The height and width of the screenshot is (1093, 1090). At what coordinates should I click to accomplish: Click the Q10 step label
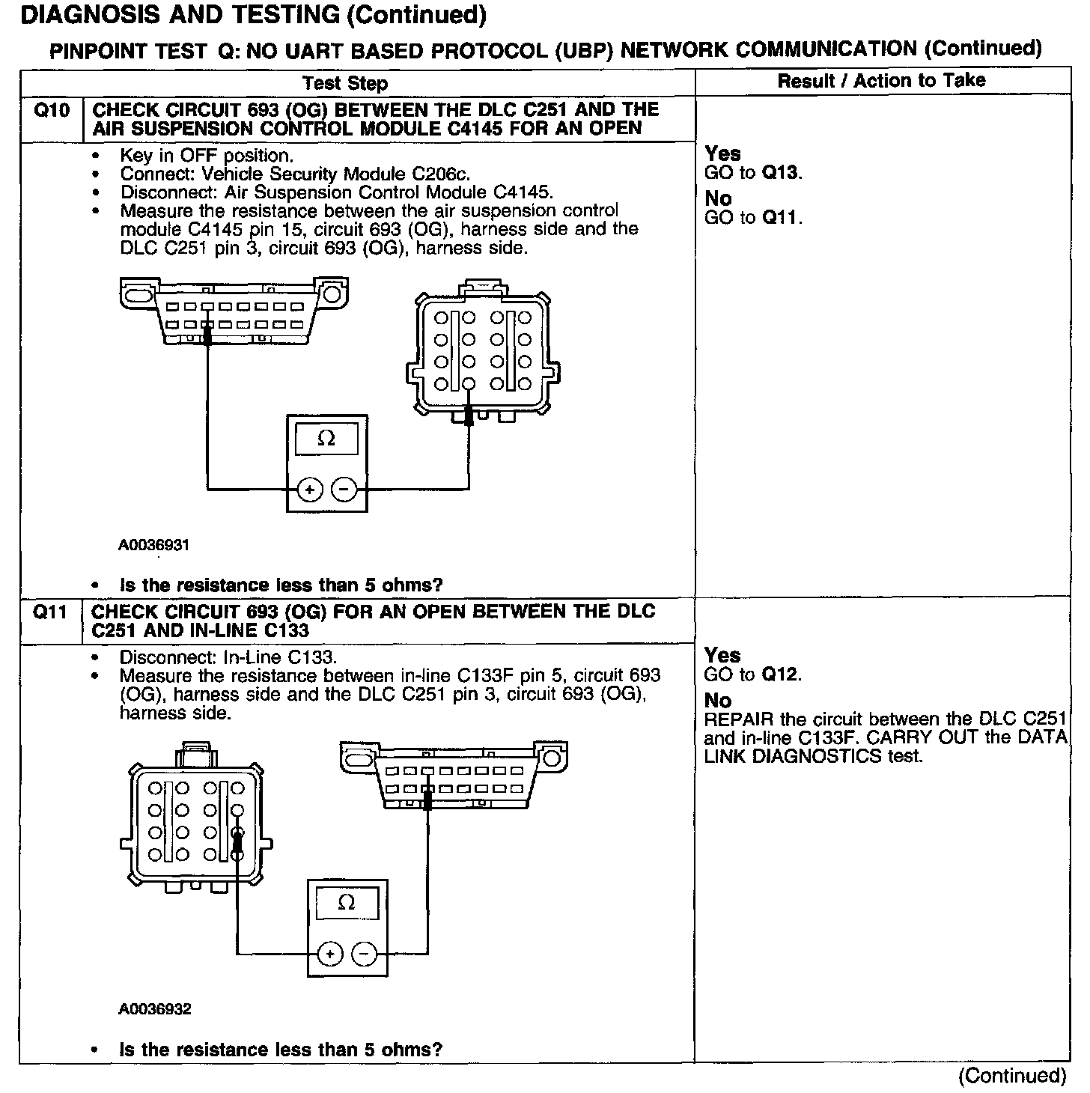tap(52, 111)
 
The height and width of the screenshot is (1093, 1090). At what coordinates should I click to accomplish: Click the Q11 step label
tap(52, 612)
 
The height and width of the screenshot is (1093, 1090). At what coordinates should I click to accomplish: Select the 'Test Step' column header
tap(345, 83)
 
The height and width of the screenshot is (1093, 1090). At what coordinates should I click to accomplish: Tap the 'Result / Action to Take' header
tap(881, 81)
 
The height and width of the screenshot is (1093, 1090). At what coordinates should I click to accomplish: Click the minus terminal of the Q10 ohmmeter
tap(344, 490)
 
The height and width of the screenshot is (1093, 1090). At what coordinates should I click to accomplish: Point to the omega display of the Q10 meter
tap(326, 439)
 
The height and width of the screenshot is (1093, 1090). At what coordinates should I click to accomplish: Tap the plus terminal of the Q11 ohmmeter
tap(329, 954)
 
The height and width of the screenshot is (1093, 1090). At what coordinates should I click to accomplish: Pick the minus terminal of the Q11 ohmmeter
tap(365, 954)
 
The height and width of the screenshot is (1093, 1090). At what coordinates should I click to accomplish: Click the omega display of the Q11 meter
tap(347, 903)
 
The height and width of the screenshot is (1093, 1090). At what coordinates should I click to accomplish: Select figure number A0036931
tap(153, 545)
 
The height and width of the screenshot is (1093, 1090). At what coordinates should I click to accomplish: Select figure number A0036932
tap(154, 1009)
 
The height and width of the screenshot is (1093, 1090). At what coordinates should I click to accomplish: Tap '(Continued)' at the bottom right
tap(1011, 1076)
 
